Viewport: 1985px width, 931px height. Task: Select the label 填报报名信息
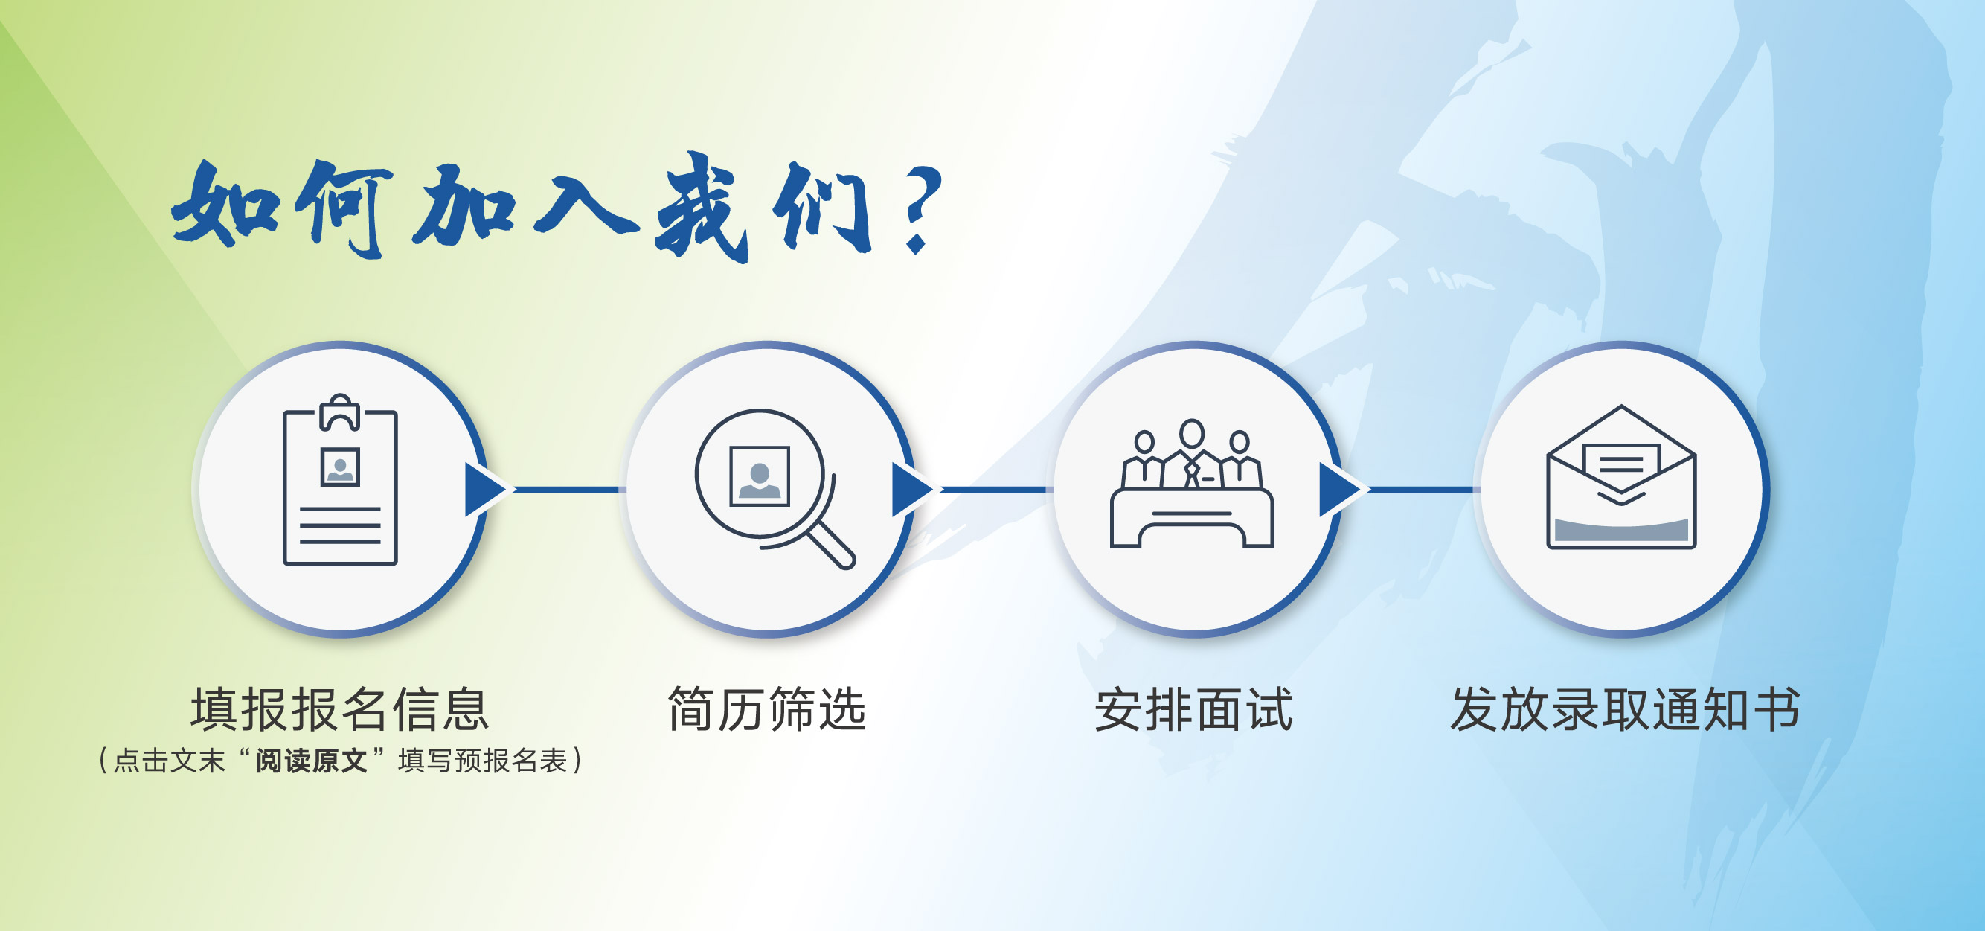340,709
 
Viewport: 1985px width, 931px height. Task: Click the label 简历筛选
767,709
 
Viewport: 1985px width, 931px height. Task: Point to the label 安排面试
1193,709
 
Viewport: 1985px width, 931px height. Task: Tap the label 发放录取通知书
1625,709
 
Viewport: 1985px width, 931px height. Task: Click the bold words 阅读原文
311,761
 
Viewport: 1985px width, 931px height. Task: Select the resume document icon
340,485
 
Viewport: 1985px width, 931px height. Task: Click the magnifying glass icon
771,485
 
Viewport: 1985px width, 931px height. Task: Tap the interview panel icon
1192,485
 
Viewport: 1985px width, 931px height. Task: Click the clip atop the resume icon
340,412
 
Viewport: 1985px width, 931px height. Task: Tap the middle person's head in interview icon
1192,433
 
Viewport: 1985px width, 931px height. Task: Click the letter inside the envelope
1621,462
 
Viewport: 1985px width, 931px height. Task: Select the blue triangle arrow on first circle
483,490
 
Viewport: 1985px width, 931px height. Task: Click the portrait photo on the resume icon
340,467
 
